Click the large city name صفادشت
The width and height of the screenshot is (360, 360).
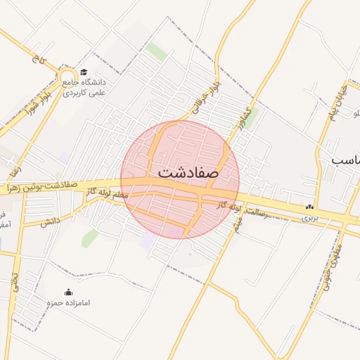(x=188, y=171)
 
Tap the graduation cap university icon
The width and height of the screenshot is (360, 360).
(x=84, y=72)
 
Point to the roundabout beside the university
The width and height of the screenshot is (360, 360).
(x=67, y=77)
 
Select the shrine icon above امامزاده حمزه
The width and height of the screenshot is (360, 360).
(x=68, y=292)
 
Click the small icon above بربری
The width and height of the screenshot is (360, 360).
(x=309, y=207)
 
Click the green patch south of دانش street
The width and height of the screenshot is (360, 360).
(x=89, y=238)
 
